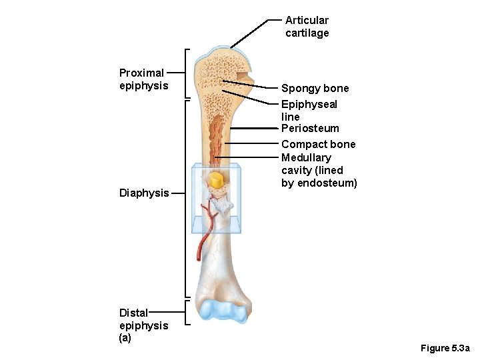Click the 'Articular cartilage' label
click(x=307, y=27)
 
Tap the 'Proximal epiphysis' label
click(x=143, y=79)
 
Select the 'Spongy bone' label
click(x=315, y=88)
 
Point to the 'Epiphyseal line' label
click(x=309, y=110)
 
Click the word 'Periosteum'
click(x=310, y=128)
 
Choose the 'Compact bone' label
click(x=318, y=144)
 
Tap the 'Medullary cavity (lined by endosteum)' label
click(x=319, y=170)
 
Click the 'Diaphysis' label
click(x=144, y=193)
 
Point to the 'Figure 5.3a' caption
click(x=445, y=349)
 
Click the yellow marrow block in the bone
click(x=216, y=180)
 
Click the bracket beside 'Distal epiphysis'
click(x=187, y=313)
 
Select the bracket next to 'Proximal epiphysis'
click(x=187, y=73)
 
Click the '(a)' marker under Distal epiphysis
click(x=125, y=337)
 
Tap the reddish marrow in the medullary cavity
click(x=216, y=137)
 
